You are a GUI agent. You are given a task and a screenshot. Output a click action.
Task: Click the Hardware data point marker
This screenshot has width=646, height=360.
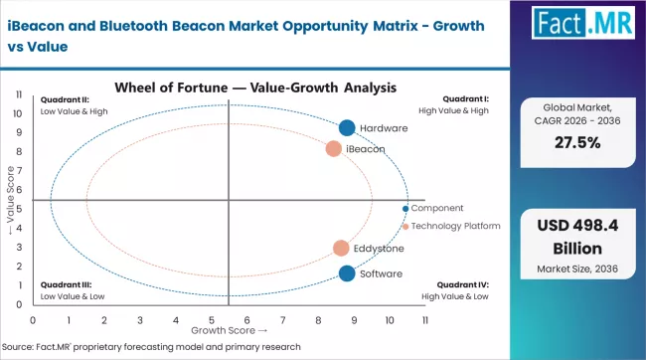pyautogui.click(x=347, y=128)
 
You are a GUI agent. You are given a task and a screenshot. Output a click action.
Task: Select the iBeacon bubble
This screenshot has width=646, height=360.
pyautogui.click(x=334, y=149)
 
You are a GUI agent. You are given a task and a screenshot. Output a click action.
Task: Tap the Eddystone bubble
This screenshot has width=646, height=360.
pyautogui.click(x=341, y=248)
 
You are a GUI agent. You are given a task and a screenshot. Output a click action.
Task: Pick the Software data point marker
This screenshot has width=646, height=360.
pyautogui.click(x=347, y=273)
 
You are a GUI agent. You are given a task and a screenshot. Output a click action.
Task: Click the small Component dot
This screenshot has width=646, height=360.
pyautogui.click(x=405, y=209)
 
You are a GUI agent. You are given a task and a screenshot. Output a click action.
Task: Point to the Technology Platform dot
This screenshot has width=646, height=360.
pyautogui.click(x=405, y=227)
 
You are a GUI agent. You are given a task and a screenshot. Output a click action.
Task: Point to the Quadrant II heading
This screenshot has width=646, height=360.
pyautogui.click(x=65, y=99)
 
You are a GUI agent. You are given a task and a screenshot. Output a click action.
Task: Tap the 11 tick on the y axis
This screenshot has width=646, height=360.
pyautogui.click(x=21, y=94)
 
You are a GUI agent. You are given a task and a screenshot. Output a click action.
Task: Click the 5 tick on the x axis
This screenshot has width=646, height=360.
pyautogui.click(x=212, y=320)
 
